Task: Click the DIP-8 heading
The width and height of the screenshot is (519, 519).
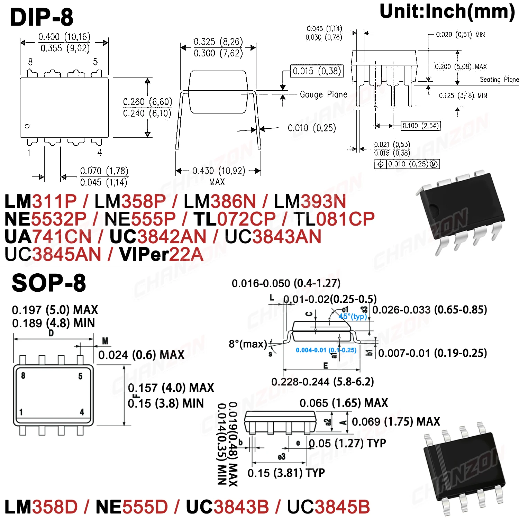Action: coord(42,17)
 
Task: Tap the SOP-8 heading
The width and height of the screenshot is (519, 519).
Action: coord(48,283)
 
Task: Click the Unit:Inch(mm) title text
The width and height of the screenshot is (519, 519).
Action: coord(447,12)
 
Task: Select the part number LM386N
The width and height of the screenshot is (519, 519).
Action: coord(220,201)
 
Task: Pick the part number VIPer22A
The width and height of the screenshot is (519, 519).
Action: coord(161,255)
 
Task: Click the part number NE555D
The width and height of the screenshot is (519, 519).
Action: coord(131,507)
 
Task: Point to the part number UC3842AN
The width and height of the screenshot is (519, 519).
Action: coord(158,237)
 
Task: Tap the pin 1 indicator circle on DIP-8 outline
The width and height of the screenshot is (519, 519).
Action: coord(27,126)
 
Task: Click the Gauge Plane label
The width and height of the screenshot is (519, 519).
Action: coord(323,94)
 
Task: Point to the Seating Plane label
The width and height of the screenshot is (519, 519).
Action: coord(499,80)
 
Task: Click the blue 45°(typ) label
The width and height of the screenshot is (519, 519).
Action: coord(353,317)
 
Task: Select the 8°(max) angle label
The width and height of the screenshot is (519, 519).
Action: coord(248,344)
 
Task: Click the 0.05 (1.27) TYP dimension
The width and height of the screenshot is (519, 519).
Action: coord(347,443)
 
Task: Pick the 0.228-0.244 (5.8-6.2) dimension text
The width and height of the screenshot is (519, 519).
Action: coord(322,382)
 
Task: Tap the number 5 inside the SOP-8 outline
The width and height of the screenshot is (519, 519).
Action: coord(80,376)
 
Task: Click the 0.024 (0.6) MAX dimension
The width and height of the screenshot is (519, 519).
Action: coord(141,355)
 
